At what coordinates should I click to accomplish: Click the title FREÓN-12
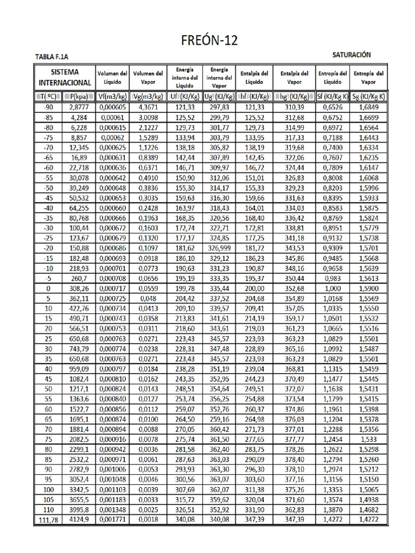(208, 41)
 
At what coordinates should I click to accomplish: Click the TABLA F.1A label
(52, 57)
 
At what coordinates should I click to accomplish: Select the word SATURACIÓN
(351, 55)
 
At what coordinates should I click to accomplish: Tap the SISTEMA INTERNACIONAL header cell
(64, 77)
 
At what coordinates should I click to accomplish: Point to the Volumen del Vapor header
(148, 77)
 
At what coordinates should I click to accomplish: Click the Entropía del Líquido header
(332, 77)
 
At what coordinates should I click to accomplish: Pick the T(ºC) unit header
(48, 97)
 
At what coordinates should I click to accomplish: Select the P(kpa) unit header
(78, 97)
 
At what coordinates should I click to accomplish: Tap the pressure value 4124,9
(78, 520)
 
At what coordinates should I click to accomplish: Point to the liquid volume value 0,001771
(112, 520)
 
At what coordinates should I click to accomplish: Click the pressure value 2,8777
(78, 107)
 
